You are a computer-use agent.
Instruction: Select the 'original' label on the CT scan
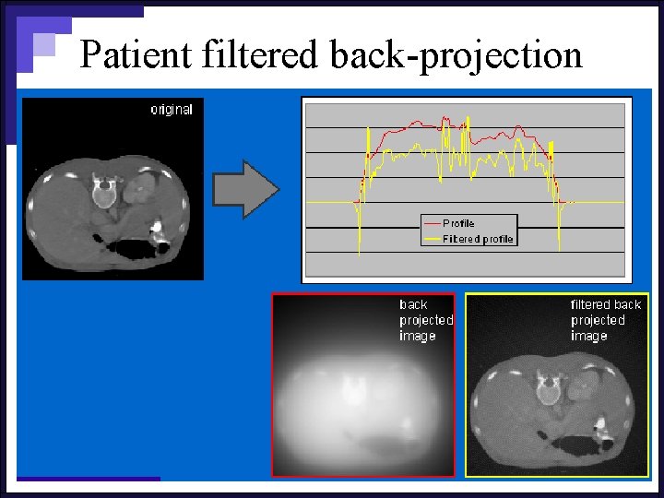[x=172, y=110]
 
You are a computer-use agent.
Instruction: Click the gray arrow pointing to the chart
[x=245, y=189]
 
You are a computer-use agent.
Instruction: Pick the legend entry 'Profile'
[x=458, y=223]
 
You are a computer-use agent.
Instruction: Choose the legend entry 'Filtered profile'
[x=477, y=239]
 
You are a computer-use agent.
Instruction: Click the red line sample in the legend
[x=431, y=223]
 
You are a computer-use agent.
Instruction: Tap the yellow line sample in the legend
[x=431, y=239]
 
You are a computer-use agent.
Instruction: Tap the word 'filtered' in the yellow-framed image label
[x=591, y=304]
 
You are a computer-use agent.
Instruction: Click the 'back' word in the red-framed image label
[x=413, y=304]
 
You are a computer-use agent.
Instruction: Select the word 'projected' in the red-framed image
[x=426, y=320]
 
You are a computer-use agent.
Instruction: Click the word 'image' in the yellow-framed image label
[x=588, y=336]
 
